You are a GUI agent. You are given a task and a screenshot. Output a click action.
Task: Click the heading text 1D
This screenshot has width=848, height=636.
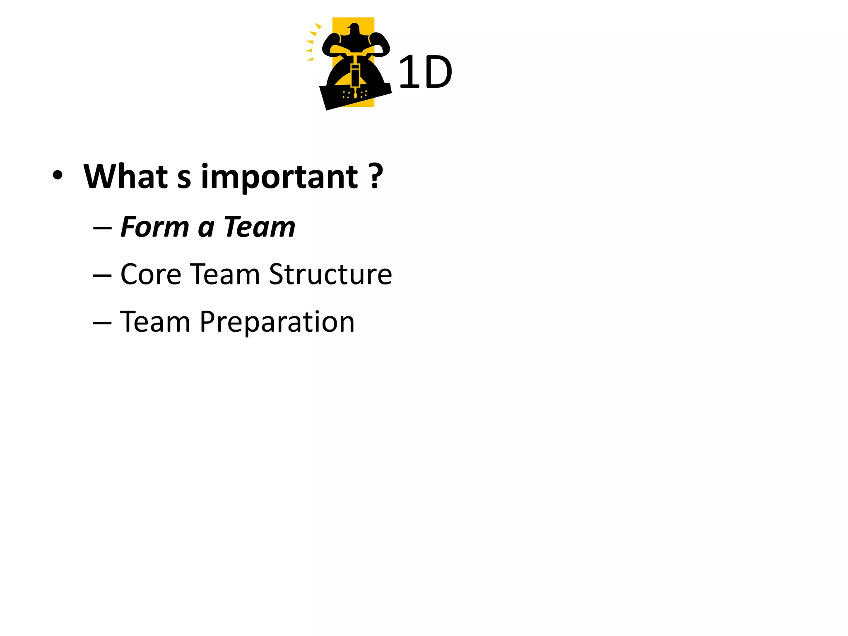click(425, 72)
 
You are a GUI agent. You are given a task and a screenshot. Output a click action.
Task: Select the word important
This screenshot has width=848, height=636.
click(279, 177)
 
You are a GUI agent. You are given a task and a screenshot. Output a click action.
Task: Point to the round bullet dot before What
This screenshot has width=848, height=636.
click(58, 175)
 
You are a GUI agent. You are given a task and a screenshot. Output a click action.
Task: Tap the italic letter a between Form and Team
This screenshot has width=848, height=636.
click(206, 229)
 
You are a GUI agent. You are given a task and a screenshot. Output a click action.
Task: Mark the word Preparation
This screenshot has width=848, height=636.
click(277, 323)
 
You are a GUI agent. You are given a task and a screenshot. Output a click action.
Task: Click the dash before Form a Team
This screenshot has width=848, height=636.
click(102, 228)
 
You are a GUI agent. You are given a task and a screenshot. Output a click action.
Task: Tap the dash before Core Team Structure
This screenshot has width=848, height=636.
click(102, 275)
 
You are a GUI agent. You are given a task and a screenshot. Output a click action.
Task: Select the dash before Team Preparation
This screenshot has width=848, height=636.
click(102, 323)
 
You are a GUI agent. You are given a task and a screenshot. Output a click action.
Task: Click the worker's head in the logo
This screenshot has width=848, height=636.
click(354, 29)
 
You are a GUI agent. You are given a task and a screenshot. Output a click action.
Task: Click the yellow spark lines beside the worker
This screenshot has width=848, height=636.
click(312, 41)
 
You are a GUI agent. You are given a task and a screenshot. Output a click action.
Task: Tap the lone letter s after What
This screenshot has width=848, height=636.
click(184, 179)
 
